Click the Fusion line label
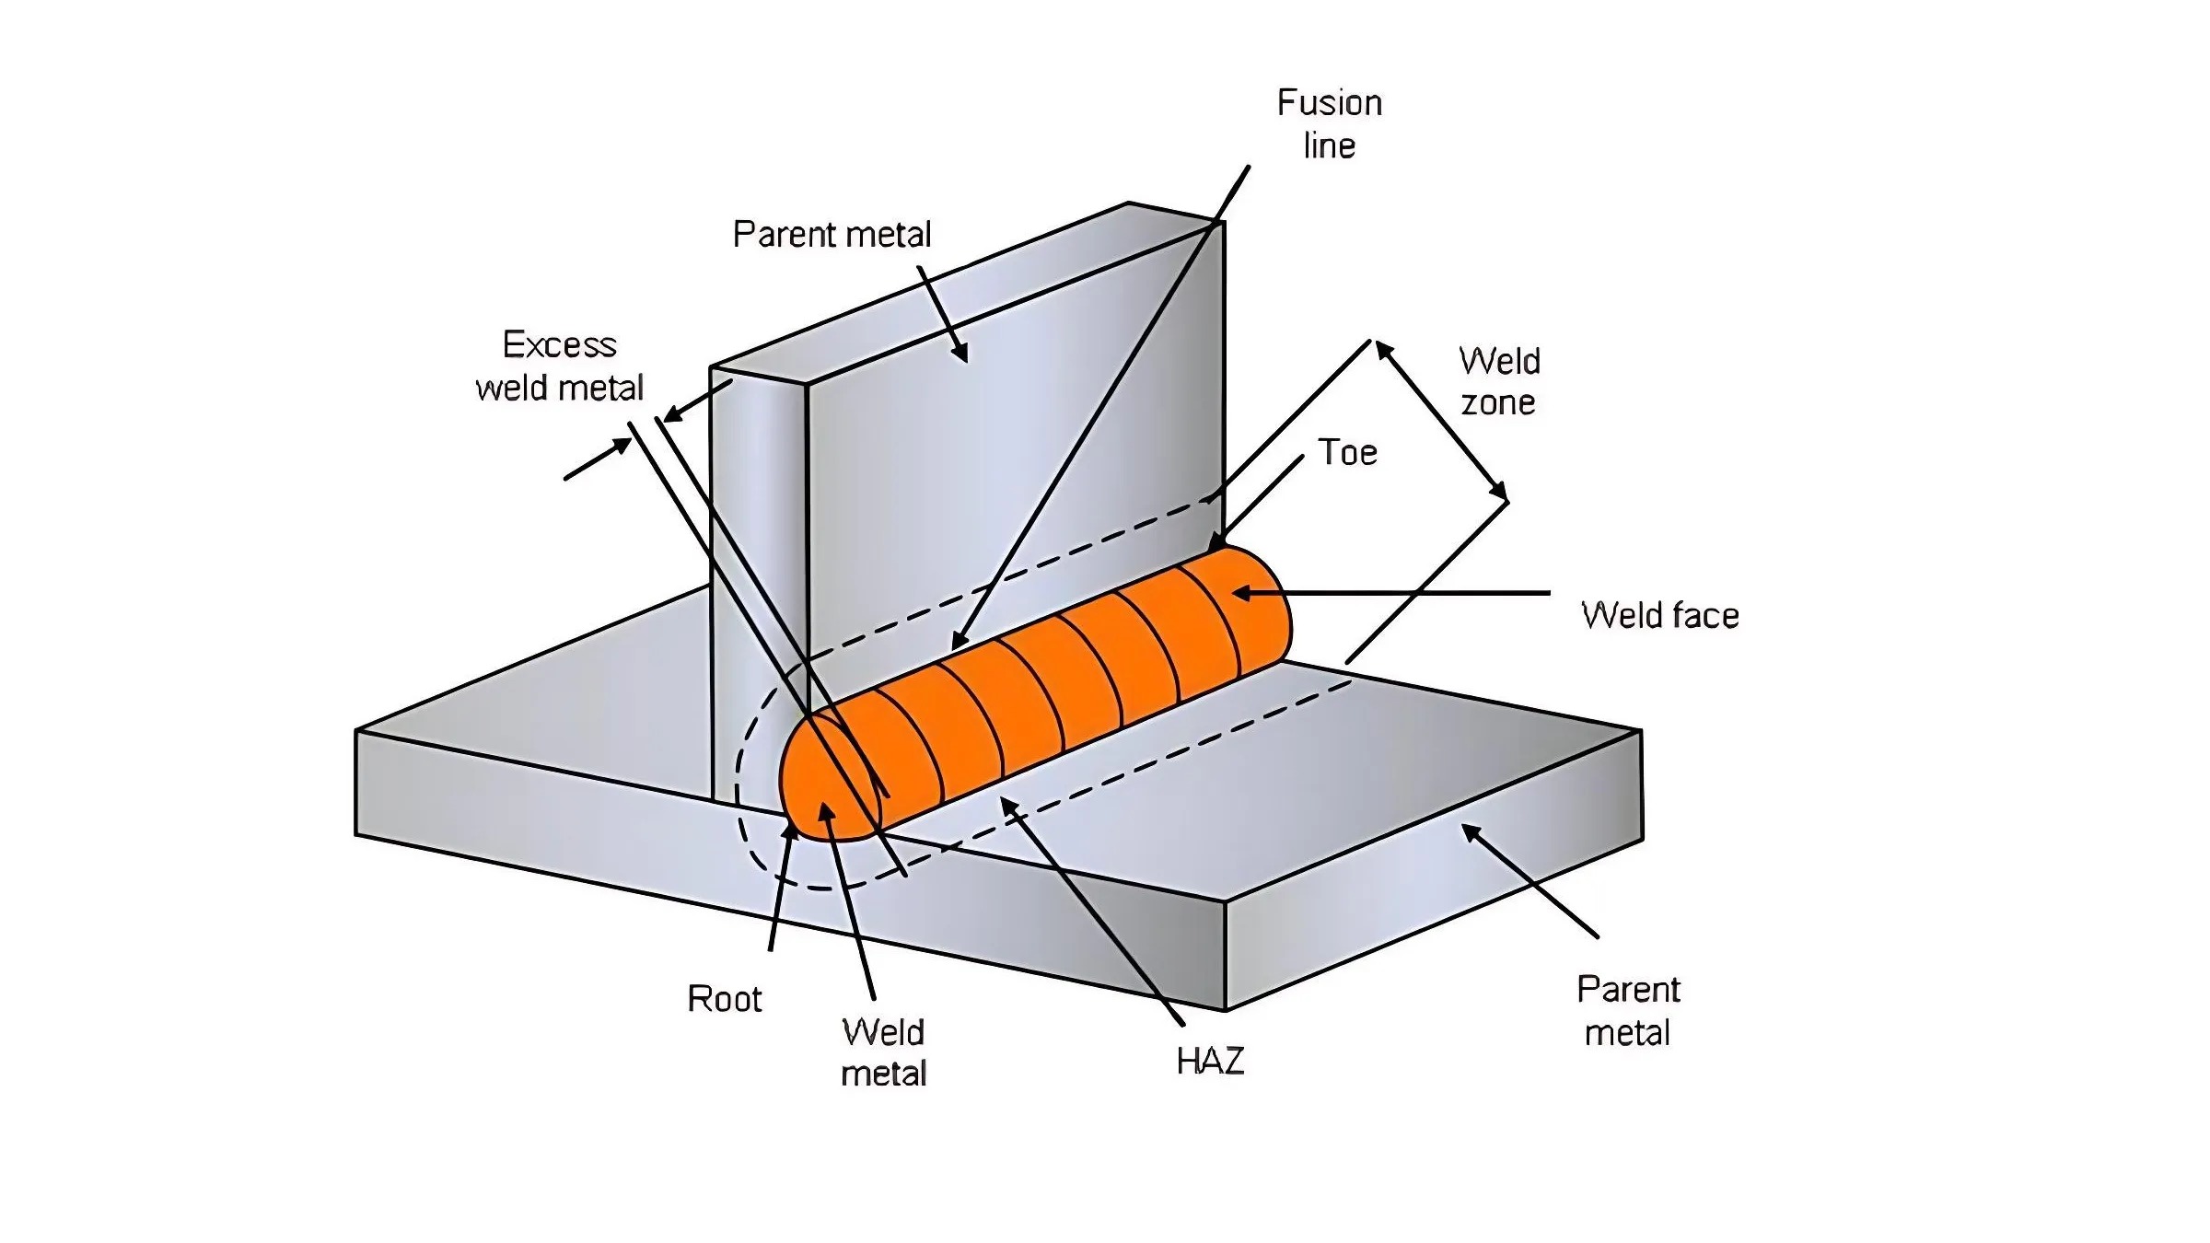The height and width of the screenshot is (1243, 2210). point(1329,123)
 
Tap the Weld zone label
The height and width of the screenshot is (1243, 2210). point(1499,381)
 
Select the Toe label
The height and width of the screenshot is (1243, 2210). point(1347,452)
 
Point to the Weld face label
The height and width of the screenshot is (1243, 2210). point(1659,615)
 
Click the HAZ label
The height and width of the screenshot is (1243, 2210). point(1210,1062)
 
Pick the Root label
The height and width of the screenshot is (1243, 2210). point(724,999)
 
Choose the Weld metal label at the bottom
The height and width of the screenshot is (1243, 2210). point(883,1052)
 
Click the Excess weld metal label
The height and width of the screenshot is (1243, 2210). point(559,366)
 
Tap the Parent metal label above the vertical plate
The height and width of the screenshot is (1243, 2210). point(832,235)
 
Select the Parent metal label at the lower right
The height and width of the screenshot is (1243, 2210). point(1628,1011)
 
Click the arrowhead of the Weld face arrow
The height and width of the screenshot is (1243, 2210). point(1238,593)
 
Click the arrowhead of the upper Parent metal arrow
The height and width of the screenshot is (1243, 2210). point(963,357)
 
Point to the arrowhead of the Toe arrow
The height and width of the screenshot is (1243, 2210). point(1215,547)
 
